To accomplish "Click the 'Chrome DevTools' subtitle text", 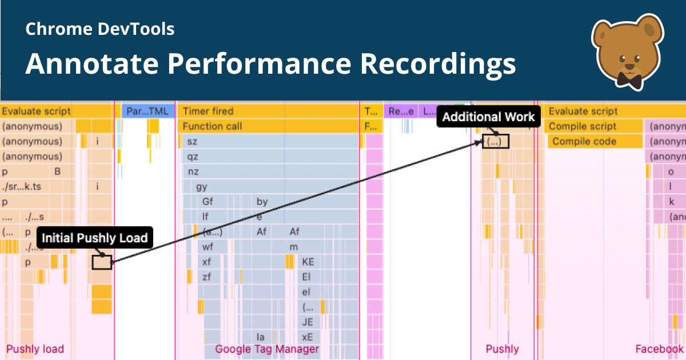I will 100,29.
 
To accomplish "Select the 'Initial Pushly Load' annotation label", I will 95,238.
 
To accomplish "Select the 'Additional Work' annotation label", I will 488,117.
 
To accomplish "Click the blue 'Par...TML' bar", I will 147,111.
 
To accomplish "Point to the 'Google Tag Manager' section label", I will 267,349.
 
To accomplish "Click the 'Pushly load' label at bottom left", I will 35,349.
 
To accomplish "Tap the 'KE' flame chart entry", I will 308,262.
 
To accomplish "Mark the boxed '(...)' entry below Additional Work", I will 495,142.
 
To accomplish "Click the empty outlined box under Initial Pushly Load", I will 102,262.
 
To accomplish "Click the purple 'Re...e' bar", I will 401,111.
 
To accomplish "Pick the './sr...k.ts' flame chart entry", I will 26,186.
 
